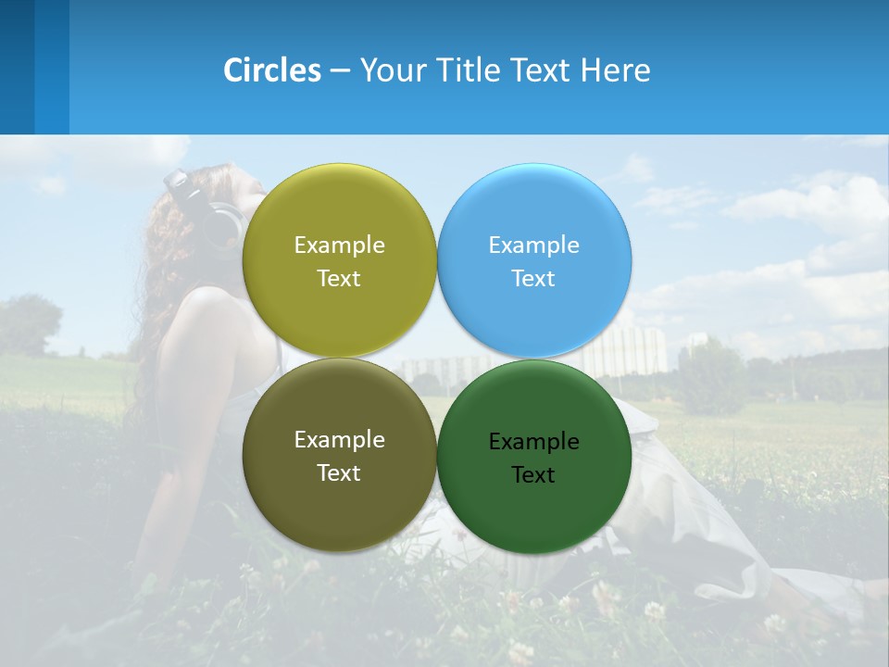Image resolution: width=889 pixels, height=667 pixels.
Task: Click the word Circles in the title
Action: pyautogui.click(x=272, y=70)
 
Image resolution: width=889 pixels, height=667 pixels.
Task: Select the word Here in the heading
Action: pyautogui.click(x=615, y=70)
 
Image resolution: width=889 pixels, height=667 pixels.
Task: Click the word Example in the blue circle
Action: pyautogui.click(x=534, y=245)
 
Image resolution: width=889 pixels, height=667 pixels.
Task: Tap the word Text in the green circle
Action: pyautogui.click(x=533, y=475)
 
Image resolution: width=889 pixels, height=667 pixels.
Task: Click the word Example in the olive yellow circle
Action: pyautogui.click(x=339, y=245)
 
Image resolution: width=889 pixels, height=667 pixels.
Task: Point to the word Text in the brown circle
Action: pyautogui.click(x=339, y=473)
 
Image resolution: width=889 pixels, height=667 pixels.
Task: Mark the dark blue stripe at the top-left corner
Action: pyautogui.click(x=17, y=67)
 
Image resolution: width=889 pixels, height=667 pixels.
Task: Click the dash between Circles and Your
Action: pyautogui.click(x=340, y=71)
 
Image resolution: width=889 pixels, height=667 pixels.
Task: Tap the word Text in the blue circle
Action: pyautogui.click(x=533, y=279)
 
